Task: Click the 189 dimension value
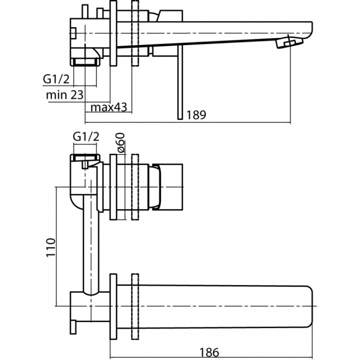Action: (x=196, y=115)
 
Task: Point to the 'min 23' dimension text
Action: (x=64, y=93)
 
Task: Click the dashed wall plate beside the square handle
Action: (x=135, y=187)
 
